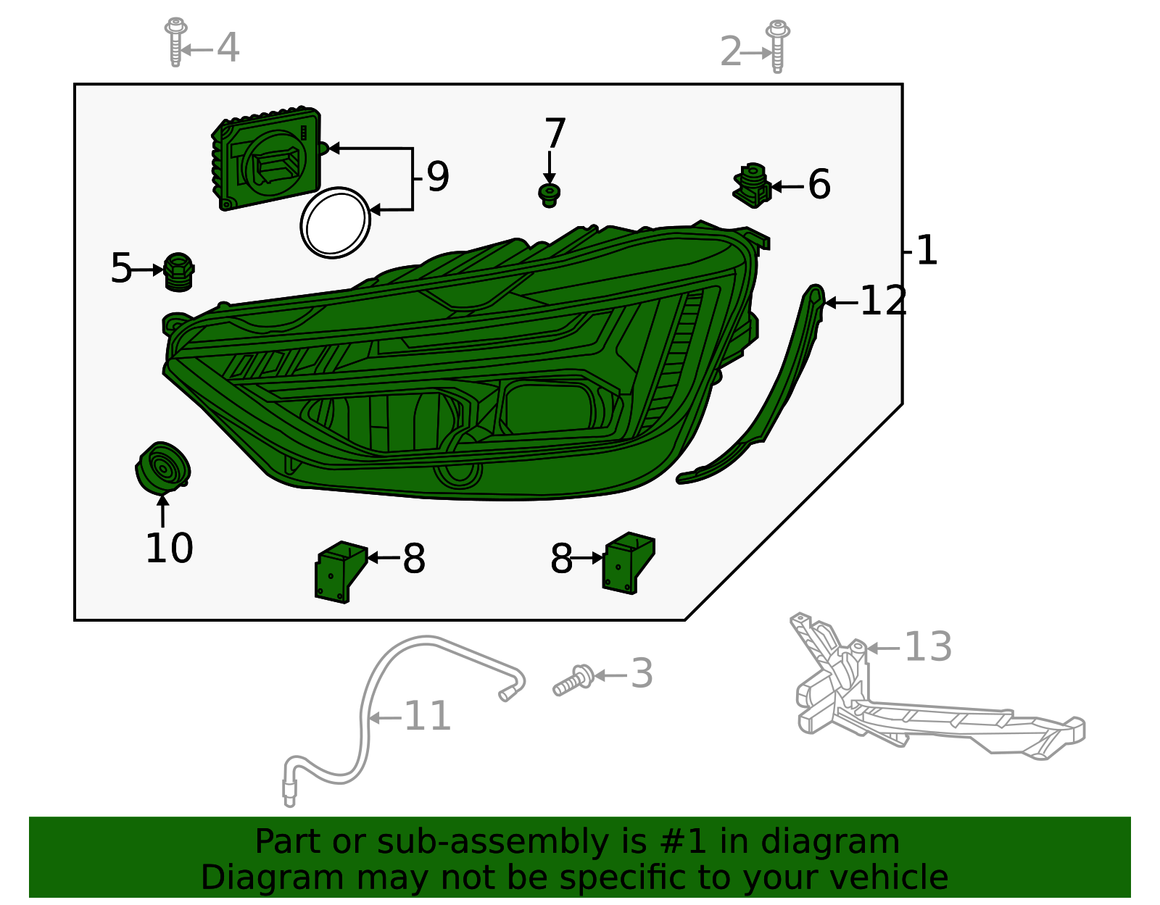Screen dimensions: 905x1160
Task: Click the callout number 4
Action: (228, 48)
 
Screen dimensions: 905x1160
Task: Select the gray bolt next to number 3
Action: (573, 680)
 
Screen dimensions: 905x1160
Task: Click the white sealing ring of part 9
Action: (336, 222)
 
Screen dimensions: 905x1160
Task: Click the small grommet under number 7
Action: (550, 194)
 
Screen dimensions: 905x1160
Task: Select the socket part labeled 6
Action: (752, 185)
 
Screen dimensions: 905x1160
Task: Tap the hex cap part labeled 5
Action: (178, 272)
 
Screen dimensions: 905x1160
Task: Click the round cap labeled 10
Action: (163, 468)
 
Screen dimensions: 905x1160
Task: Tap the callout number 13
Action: (928, 646)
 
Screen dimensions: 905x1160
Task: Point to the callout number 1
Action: (927, 250)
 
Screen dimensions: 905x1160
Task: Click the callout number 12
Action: (883, 301)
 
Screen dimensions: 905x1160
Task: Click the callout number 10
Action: (169, 549)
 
